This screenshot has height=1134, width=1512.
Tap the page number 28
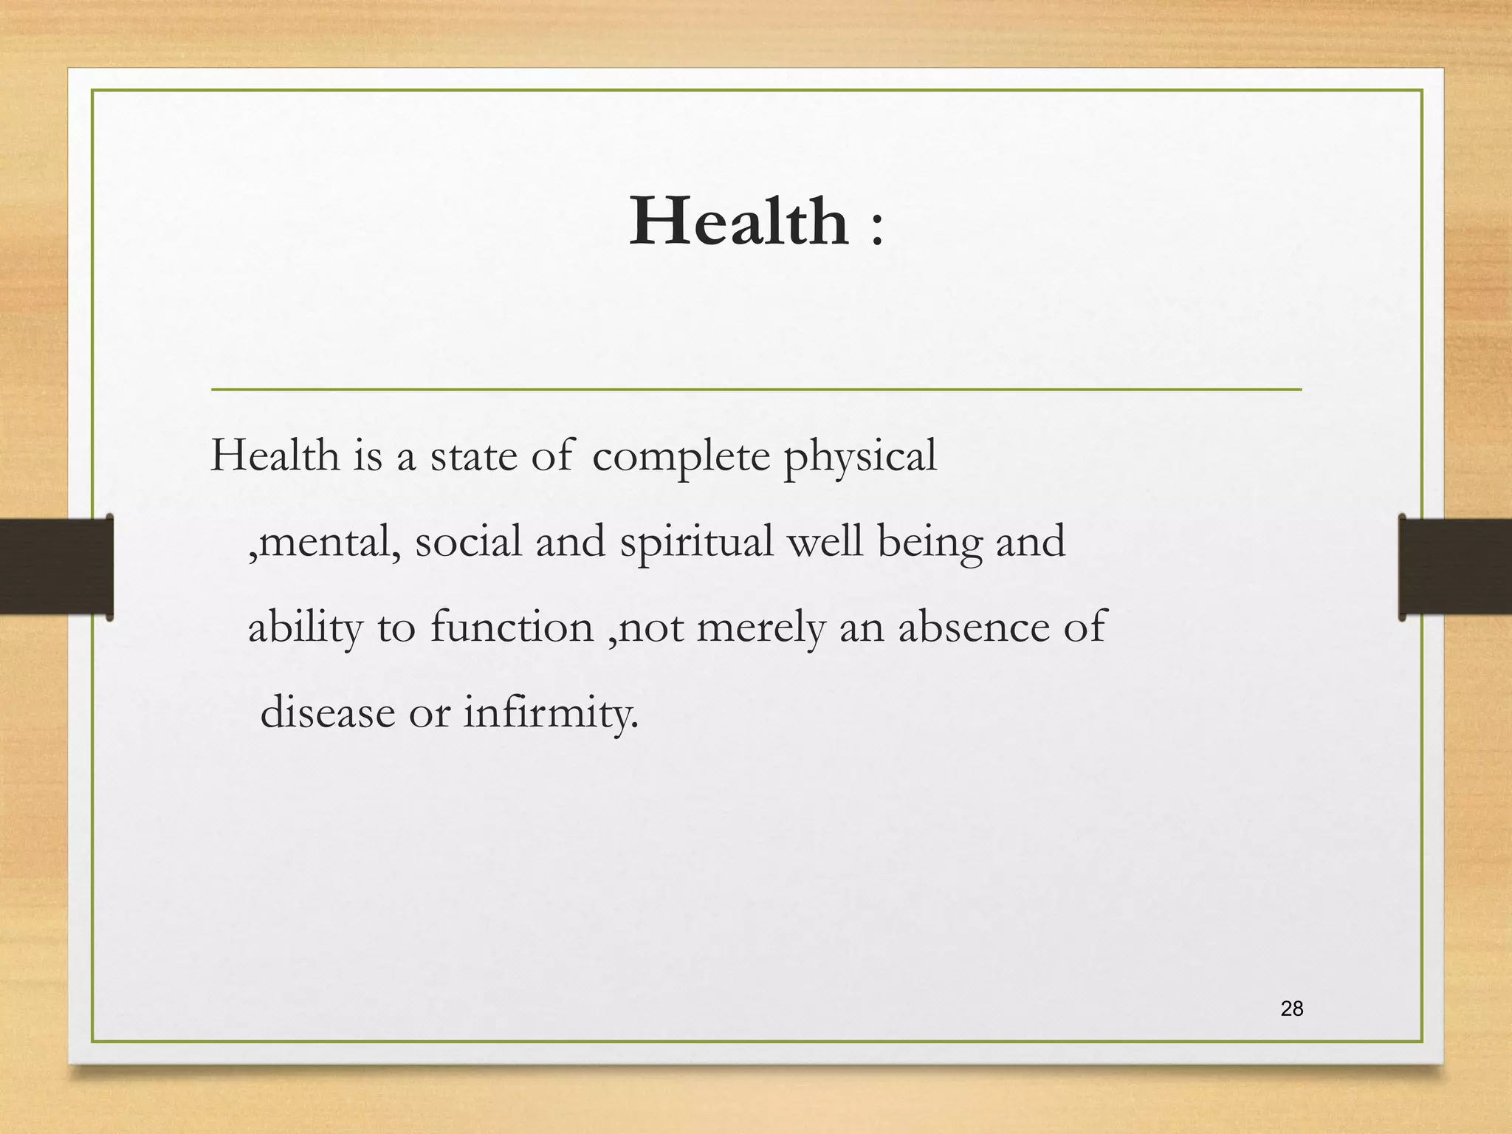point(1291,1008)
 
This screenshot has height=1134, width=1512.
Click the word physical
point(859,457)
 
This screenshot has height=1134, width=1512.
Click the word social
point(468,541)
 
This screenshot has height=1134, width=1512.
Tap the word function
point(512,627)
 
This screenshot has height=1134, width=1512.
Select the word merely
point(760,628)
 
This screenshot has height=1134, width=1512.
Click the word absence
point(973,627)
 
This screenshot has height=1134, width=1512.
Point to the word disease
point(328,713)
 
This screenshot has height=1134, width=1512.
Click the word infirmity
point(550,713)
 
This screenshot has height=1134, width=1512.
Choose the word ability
point(306,628)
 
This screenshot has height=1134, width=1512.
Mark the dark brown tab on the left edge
point(56,566)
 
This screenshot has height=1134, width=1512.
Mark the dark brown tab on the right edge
point(1454,566)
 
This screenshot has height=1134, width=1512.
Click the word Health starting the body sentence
point(275,456)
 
